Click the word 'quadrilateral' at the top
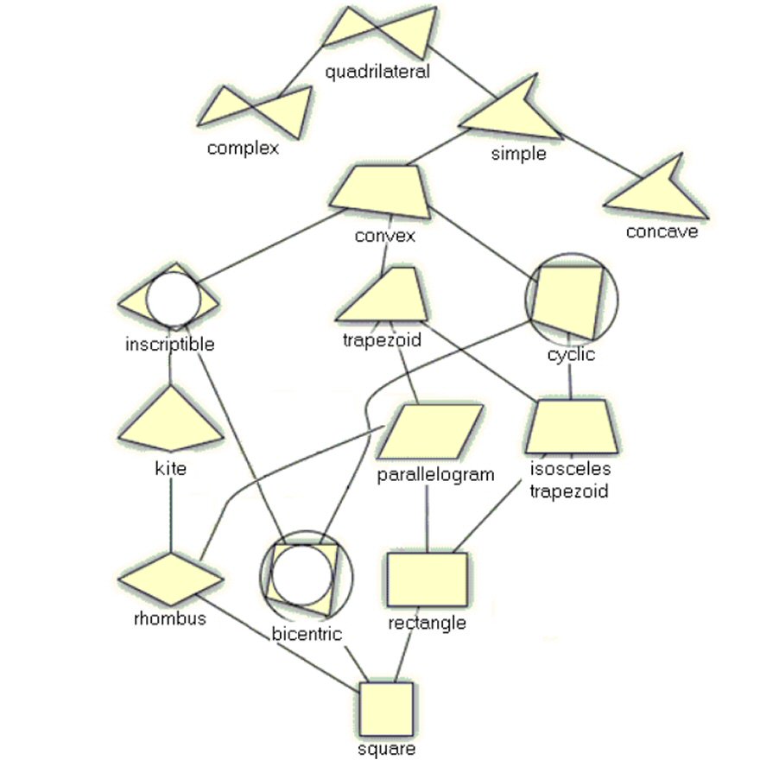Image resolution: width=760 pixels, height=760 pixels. (x=377, y=72)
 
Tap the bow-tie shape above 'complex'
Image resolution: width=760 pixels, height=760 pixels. (x=256, y=111)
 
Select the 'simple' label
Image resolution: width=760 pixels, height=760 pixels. (x=518, y=154)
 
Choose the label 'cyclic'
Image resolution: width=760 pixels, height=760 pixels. (x=571, y=354)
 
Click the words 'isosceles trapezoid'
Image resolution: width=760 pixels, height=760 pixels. (x=569, y=481)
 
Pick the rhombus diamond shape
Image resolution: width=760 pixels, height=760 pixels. (x=170, y=578)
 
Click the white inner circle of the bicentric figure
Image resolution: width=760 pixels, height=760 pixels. (x=300, y=574)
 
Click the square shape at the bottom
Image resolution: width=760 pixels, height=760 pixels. (x=386, y=709)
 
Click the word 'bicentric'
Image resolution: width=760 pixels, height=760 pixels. (x=307, y=635)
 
